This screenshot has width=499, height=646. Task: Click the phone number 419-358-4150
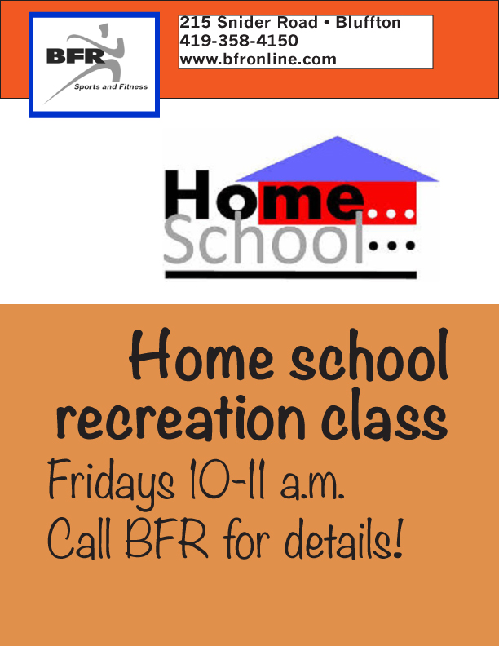pos(239,41)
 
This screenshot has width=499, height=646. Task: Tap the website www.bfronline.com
pos(258,60)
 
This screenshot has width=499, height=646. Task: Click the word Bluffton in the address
pos(368,22)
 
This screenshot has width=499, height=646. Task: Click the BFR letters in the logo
pos(75,55)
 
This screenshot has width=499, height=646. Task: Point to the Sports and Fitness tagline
pos(111,86)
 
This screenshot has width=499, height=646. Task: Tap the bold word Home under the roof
pos(264,194)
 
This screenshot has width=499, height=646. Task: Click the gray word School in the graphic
pos(263,239)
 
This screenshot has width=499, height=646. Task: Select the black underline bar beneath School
pos(290,275)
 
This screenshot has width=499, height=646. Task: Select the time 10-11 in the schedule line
pos(227,480)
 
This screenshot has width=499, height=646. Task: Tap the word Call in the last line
pos(79,539)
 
